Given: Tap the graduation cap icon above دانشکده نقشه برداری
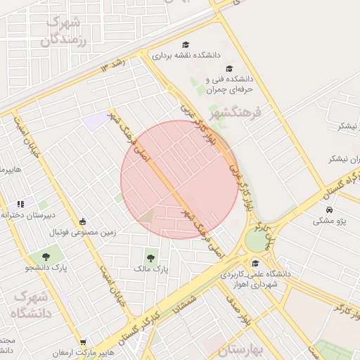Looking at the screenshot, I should [186, 44].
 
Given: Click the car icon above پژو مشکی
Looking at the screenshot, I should [329, 210].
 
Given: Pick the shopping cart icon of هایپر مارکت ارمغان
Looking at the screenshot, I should [83, 343].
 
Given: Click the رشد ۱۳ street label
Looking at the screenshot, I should [113, 65].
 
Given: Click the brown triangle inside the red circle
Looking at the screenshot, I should [147, 215].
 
